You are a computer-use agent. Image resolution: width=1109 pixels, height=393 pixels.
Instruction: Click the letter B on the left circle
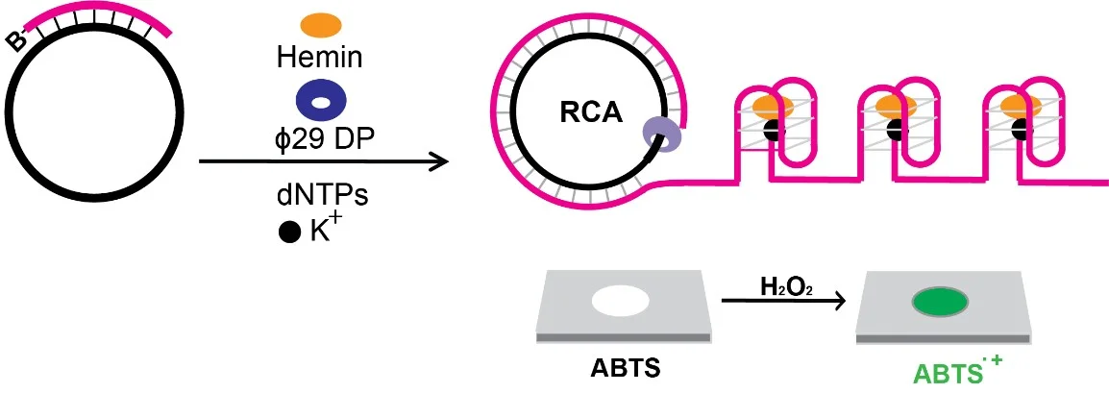click(16, 40)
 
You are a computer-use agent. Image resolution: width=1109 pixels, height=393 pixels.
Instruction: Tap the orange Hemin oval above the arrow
click(320, 26)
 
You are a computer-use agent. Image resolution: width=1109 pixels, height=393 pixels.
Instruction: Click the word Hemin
click(320, 58)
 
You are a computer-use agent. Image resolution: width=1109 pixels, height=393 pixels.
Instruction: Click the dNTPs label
click(322, 194)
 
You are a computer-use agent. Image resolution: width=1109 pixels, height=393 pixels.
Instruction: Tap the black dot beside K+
click(288, 233)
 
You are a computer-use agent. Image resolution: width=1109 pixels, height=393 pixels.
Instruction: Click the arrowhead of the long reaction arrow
click(439, 161)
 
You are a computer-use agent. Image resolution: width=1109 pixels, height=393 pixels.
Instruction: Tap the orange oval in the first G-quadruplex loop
click(773, 107)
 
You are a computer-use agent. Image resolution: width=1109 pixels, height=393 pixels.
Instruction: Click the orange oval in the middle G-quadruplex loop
click(897, 107)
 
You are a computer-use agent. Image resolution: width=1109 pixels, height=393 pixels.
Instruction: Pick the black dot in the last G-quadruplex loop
click(1020, 130)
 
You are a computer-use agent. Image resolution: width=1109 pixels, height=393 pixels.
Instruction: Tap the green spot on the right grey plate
click(941, 303)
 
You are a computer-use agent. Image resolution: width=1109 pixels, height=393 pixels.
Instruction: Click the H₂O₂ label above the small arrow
click(776, 287)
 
